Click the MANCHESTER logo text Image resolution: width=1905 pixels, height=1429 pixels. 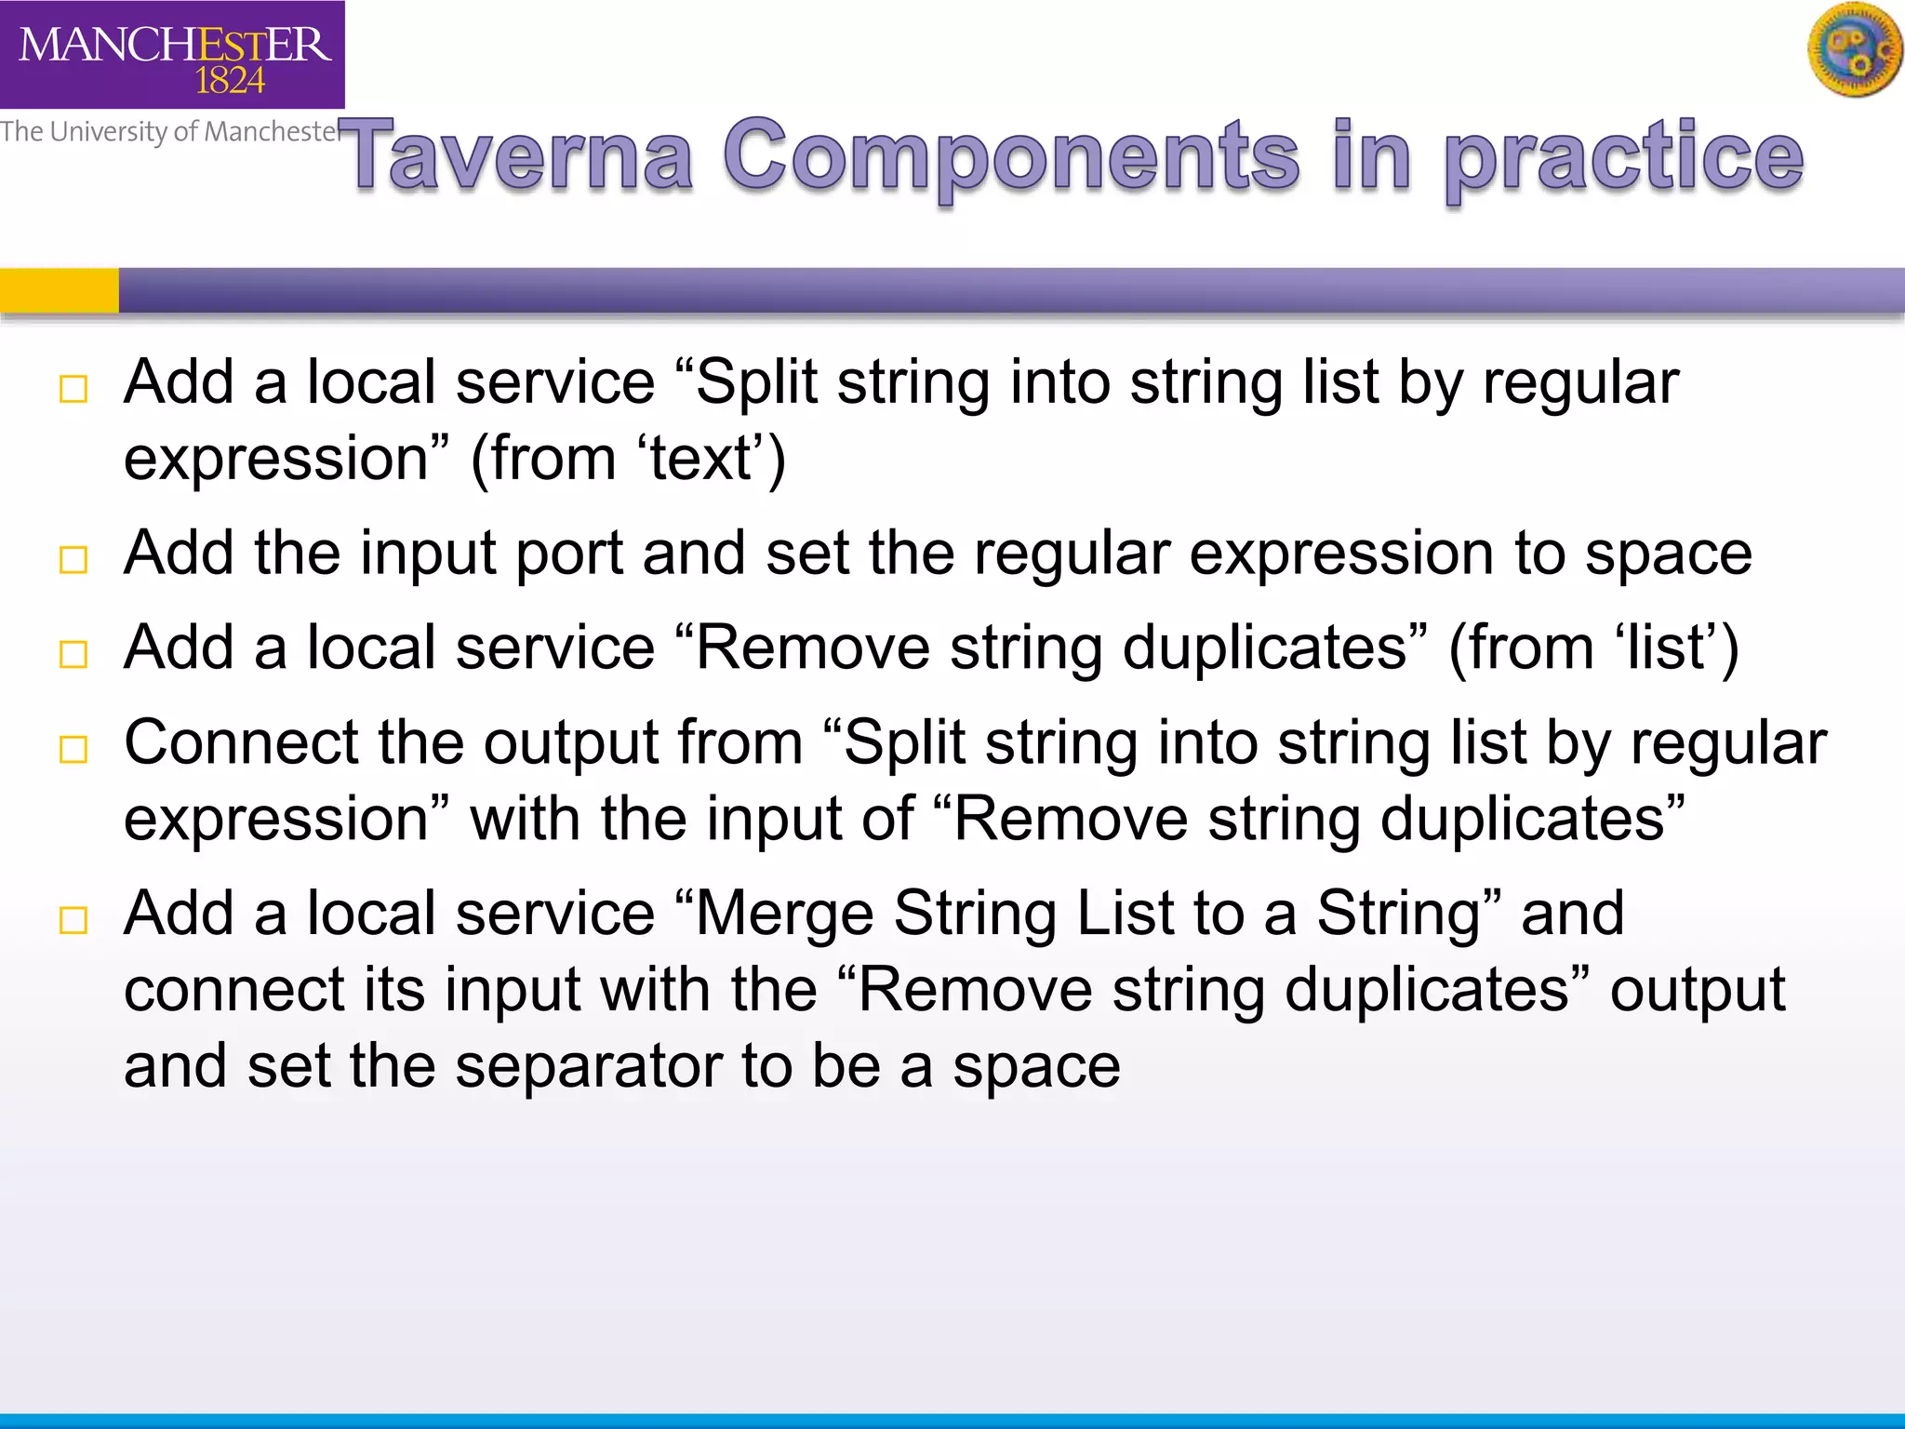click(x=174, y=44)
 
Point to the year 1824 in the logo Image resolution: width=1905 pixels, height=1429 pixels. click(x=230, y=82)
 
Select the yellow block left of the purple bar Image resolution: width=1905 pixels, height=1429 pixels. click(x=59, y=290)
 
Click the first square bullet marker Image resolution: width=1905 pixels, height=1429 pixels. click(x=73, y=389)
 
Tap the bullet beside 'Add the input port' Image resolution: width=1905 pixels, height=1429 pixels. click(x=73, y=559)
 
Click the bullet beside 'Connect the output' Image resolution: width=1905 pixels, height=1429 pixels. click(x=73, y=749)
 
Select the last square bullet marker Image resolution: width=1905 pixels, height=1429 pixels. click(x=73, y=920)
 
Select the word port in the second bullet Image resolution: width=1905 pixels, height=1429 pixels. click(x=568, y=554)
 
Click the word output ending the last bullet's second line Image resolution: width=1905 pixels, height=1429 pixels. click(x=1697, y=990)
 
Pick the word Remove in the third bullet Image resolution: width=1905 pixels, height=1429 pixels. click(x=812, y=648)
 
